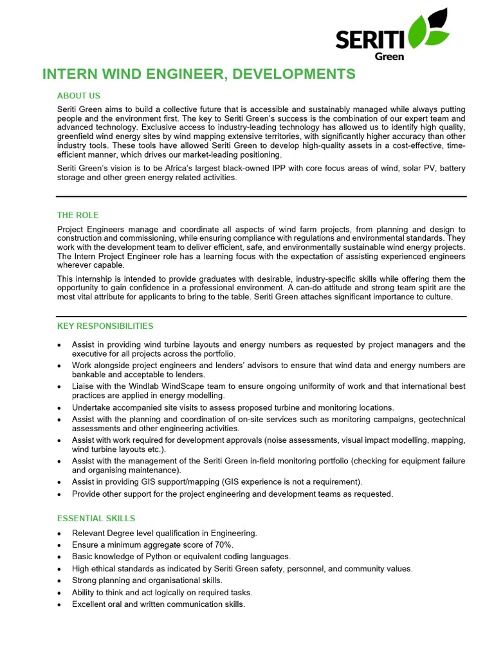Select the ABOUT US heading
click(x=78, y=96)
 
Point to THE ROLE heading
click(x=78, y=215)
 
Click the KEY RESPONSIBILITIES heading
click(x=105, y=326)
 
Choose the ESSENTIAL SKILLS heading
click(x=96, y=518)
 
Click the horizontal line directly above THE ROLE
click(x=261, y=196)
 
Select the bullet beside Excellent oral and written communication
click(x=60, y=605)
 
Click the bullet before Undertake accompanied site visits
click(x=60, y=408)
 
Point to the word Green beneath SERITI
click(x=389, y=56)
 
